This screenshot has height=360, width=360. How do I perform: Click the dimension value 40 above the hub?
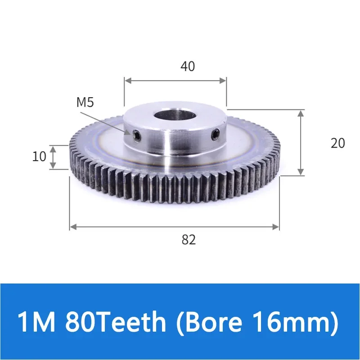(188, 67)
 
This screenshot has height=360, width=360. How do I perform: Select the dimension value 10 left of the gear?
(40, 157)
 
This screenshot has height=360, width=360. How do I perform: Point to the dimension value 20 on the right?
(337, 143)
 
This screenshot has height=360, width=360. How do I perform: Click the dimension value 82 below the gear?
(189, 240)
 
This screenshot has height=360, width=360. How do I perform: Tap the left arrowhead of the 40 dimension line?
(128, 81)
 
